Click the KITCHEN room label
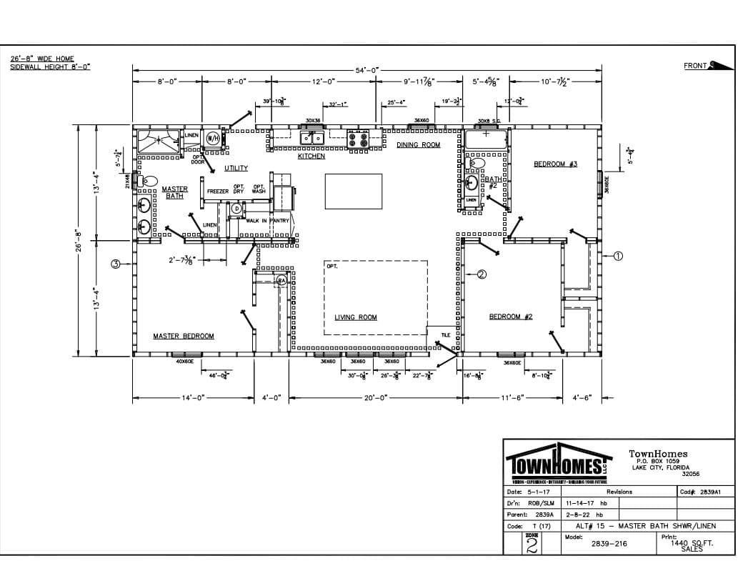(311, 156)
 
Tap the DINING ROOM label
(419, 145)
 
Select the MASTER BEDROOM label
(183, 336)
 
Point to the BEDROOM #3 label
(555, 164)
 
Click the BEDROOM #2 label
(511, 317)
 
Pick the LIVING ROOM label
(356, 317)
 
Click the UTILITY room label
(236, 168)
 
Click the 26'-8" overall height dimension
(81, 240)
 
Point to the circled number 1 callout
(619, 255)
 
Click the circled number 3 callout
(115, 264)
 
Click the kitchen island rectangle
(353, 191)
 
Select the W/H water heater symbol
(213, 138)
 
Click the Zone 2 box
(532, 545)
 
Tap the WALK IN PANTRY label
(267, 221)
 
